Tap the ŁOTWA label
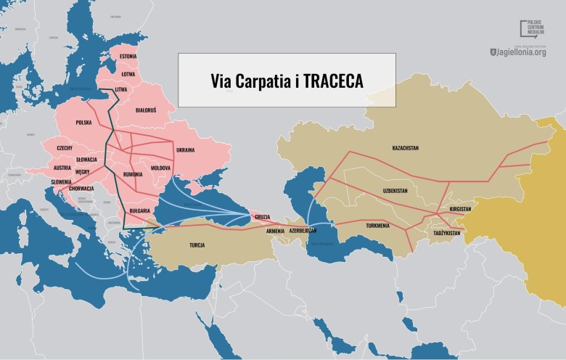[128, 73]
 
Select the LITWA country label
[121, 89]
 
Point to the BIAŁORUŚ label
[150, 110]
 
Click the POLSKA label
[84, 123]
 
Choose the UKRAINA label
[186, 150]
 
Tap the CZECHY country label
[65, 147]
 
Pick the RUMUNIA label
[134, 174]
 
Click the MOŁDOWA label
[160, 168]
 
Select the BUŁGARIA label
[139, 210]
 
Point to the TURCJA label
[197, 245]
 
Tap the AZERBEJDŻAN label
[303, 230]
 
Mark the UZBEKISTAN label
[395, 190]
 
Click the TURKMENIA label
[377, 225]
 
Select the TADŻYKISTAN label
[447, 233]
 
